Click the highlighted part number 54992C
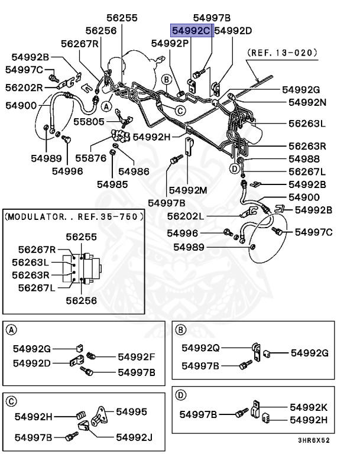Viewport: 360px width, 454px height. pyautogui.click(x=191, y=30)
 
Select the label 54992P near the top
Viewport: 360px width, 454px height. pyautogui.click(x=170, y=43)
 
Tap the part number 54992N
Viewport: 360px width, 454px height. pyautogui.click(x=307, y=102)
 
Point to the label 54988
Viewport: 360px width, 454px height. pyautogui.click(x=304, y=158)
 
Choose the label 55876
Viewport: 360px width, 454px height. pyautogui.click(x=90, y=158)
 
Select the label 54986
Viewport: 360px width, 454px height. pyautogui.click(x=134, y=171)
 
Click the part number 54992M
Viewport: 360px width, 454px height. pyautogui.click(x=187, y=190)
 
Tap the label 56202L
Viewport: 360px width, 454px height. pyautogui.click(x=186, y=216)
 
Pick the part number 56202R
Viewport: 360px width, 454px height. pyautogui.click(x=24, y=87)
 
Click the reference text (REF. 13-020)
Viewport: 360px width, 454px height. pyautogui.click(x=283, y=53)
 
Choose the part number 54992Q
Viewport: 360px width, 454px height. pyautogui.click(x=200, y=348)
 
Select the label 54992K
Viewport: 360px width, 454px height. pyautogui.click(x=309, y=407)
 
